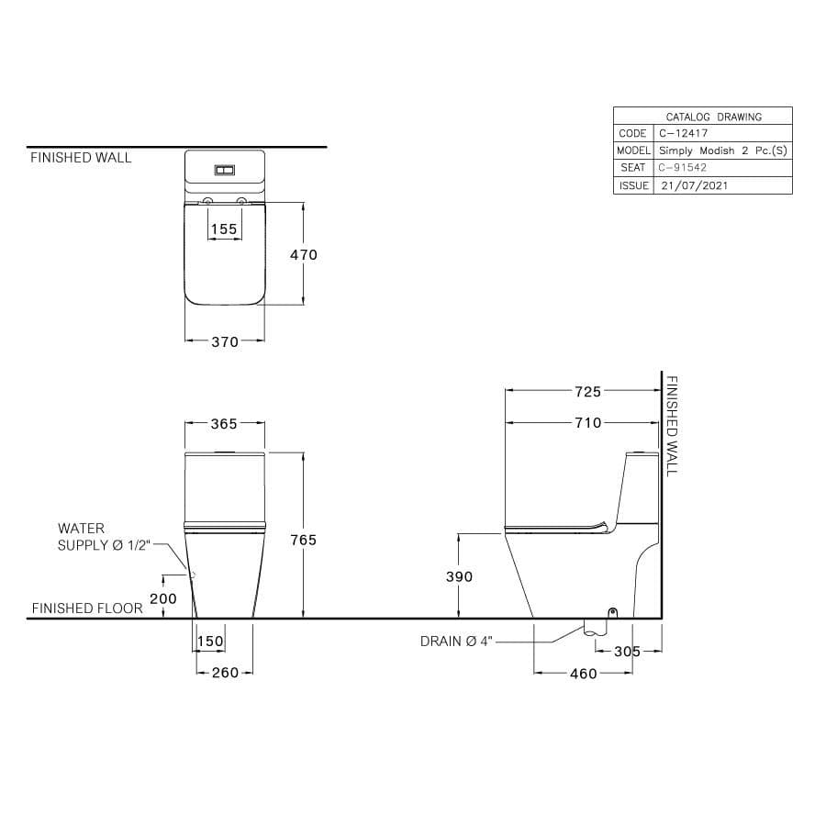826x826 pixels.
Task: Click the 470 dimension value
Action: pos(304,255)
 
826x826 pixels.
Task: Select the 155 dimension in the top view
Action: pos(224,229)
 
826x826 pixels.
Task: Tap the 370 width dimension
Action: pos(225,342)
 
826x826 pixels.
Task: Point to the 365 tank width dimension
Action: pos(224,423)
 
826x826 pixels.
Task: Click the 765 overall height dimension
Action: pos(304,540)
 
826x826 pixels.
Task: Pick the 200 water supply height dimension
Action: pos(163,598)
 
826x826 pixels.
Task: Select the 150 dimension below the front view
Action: pos(210,642)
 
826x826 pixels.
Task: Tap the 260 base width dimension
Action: pos(225,673)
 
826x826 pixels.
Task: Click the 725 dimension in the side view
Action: pos(588,392)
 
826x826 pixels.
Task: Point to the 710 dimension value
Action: pos(588,423)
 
